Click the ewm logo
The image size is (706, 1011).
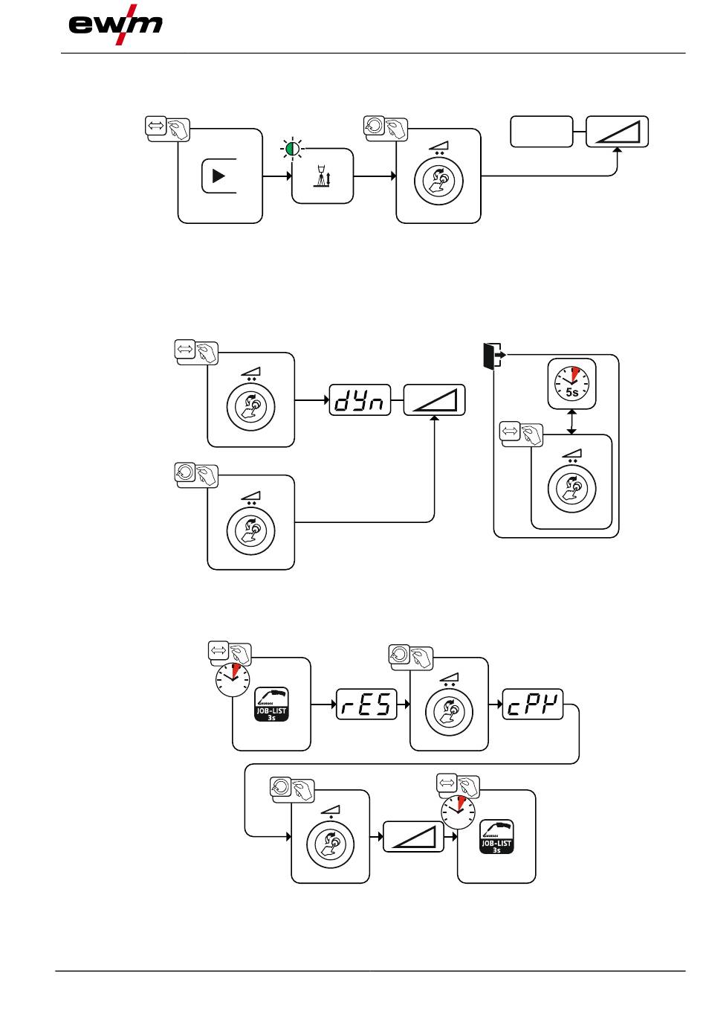coord(115,25)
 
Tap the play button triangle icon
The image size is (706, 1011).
coord(218,176)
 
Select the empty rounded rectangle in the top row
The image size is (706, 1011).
coord(541,132)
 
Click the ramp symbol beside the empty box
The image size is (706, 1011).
coord(617,132)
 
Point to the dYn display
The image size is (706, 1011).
coord(360,400)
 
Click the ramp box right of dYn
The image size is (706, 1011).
coord(434,400)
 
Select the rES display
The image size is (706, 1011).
coord(367,704)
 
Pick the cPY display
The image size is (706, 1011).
coord(533,704)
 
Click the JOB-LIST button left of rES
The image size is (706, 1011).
coord(271,703)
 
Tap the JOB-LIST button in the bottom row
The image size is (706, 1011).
coord(496,836)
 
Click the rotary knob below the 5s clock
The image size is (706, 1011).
coord(571,488)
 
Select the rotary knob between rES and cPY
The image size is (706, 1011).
coord(449,710)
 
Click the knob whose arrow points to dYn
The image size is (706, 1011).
coord(250,407)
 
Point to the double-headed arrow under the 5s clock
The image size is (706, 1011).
coord(571,422)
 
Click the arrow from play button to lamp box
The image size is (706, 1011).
coord(277,176)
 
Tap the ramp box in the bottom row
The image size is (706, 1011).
coord(413,836)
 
